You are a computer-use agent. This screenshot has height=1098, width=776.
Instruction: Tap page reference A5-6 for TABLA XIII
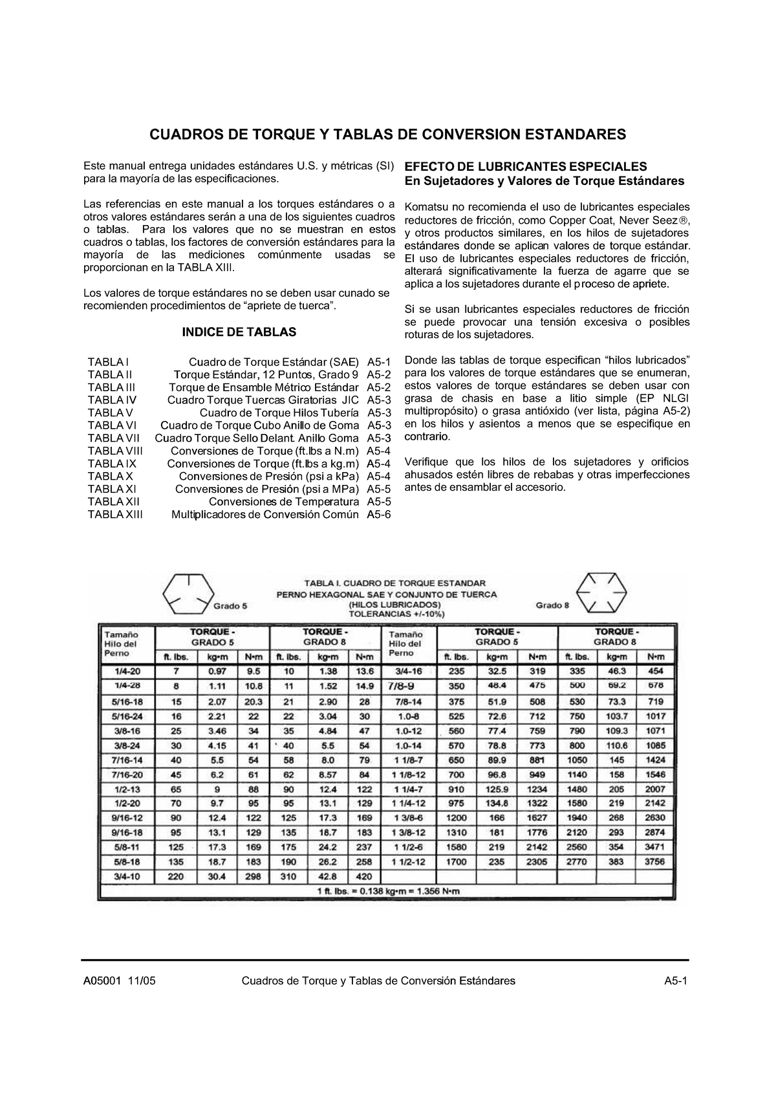379,515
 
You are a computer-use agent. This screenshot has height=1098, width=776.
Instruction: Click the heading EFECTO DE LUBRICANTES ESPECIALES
525,166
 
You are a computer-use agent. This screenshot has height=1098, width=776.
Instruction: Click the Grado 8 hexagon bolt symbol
602,592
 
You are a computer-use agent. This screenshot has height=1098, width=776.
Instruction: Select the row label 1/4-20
127,672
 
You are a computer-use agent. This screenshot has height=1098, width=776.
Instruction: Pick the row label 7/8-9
405,686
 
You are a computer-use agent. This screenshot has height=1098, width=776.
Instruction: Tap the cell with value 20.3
253,702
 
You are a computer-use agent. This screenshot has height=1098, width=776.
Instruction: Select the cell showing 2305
537,861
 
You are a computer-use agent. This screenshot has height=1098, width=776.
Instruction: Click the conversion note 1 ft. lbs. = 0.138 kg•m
389,891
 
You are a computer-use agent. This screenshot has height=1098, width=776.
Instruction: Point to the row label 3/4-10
127,877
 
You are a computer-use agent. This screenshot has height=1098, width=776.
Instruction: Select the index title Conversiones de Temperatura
283,502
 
